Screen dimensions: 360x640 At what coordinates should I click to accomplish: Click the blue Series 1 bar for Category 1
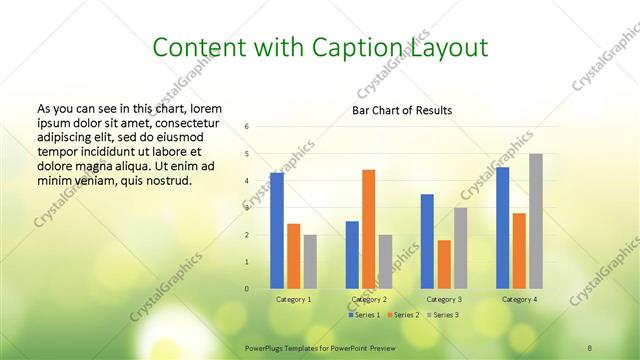pos(276,231)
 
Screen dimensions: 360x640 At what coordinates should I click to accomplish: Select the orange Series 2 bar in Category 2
pos(368,229)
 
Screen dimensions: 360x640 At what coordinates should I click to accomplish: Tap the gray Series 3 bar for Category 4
pos(536,221)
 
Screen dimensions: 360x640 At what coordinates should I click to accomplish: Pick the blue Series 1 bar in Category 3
pos(427,241)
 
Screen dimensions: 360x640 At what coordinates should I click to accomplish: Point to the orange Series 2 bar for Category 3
pos(444,264)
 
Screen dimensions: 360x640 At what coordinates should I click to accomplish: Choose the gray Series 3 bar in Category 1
pos(310,262)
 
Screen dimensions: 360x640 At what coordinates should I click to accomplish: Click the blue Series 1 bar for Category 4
pos(502,228)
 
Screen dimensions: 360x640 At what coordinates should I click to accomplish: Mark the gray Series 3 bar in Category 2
pos(385,262)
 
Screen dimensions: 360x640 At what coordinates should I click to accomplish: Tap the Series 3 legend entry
pos(445,315)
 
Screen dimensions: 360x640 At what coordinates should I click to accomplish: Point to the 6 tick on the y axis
pos(247,127)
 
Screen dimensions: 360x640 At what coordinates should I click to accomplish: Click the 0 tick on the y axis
pos(247,289)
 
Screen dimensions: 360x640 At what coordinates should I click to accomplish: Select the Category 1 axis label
pos(293,299)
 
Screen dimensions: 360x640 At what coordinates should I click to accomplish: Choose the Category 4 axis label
pos(519,299)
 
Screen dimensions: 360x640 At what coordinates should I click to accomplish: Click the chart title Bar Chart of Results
pos(402,110)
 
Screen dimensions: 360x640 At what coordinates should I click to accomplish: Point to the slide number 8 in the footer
pos(590,346)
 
